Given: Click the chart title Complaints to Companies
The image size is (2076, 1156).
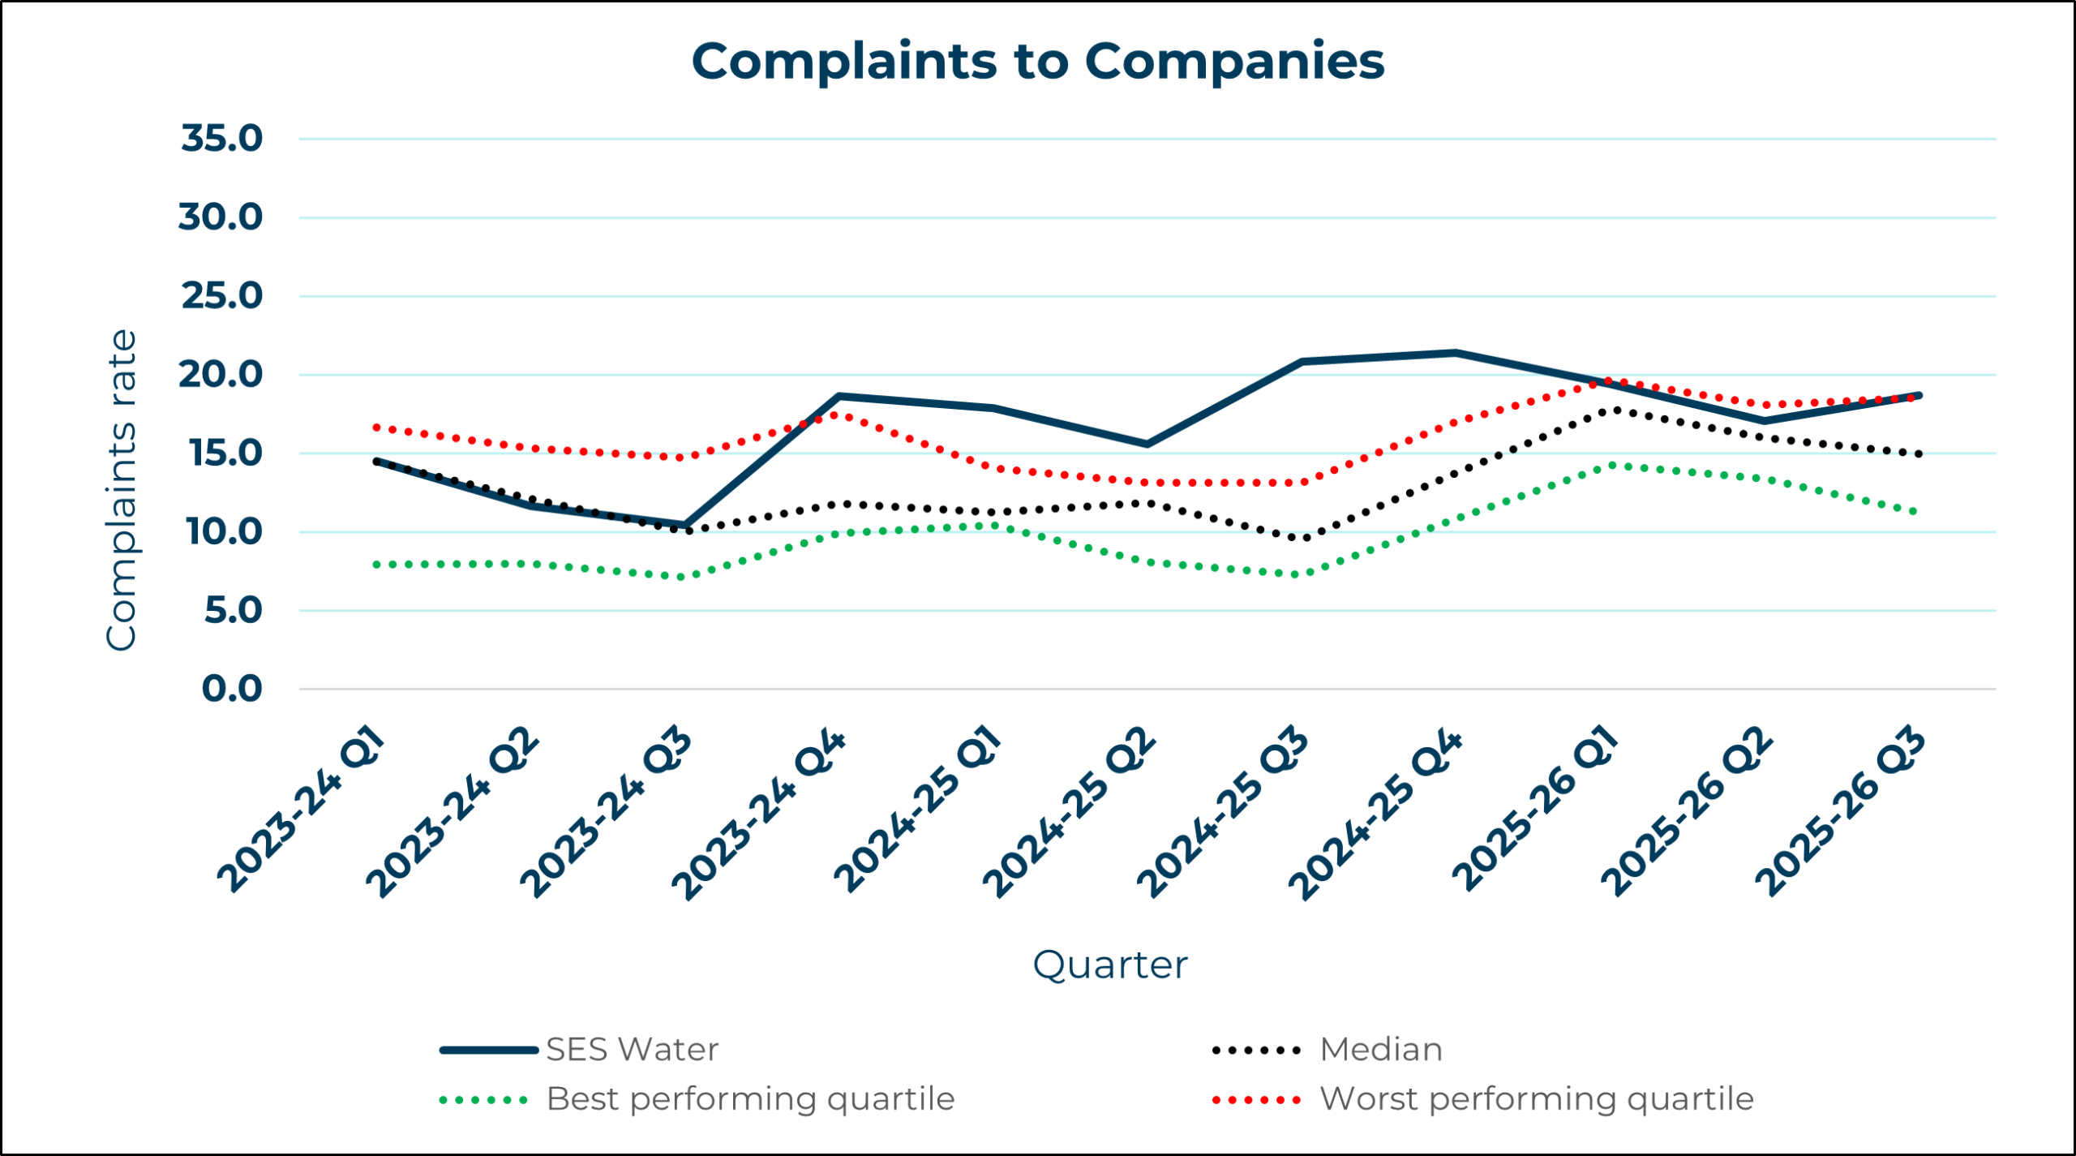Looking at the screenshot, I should (1037, 62).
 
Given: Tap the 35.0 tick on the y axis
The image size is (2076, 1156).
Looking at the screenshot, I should (221, 139).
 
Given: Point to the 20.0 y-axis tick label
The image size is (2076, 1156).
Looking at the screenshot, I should (221, 375).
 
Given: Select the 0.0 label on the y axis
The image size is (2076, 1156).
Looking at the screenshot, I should (232, 690).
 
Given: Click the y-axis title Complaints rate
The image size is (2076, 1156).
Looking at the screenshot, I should (122, 490).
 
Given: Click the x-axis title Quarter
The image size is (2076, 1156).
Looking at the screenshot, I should (1109, 965).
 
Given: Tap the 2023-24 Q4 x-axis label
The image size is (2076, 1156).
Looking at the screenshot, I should (759, 814).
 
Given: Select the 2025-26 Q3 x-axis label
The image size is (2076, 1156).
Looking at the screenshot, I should (1841, 813).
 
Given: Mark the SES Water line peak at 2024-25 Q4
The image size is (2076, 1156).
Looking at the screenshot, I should (1456, 353).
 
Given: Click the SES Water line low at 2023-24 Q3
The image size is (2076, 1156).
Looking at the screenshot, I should (685, 525).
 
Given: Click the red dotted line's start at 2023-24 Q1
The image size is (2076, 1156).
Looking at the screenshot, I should (377, 427).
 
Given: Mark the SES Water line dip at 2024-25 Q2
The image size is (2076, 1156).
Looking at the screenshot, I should (1147, 444).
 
